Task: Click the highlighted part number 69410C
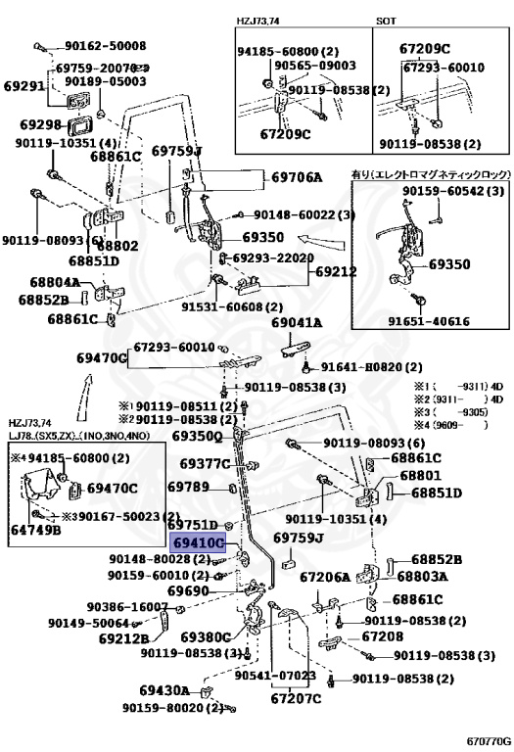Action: click(x=199, y=541)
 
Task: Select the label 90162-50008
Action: click(x=106, y=46)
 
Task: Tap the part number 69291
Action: click(x=23, y=86)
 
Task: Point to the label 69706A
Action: click(x=296, y=177)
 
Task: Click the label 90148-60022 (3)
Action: click(x=304, y=215)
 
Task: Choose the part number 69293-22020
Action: click(x=271, y=258)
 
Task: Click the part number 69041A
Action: click(x=296, y=322)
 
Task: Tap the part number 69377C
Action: click(x=198, y=462)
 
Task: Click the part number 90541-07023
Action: click(x=275, y=675)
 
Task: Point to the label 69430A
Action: click(x=164, y=690)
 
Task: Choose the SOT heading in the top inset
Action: click(x=388, y=20)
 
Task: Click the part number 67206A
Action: click(x=324, y=578)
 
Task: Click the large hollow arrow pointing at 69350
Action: click(x=316, y=238)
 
